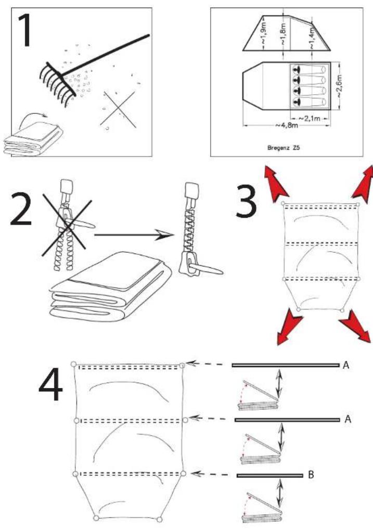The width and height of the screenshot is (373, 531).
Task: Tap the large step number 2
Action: pos(21,209)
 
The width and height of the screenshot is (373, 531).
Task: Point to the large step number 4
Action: pos(51,384)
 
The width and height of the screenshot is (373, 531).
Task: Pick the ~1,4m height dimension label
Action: pos(312,38)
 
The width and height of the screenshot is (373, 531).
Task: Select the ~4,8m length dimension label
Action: pos(286,126)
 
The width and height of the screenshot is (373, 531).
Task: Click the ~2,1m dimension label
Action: pos(309,118)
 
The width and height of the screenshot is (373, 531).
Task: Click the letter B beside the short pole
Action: pos(311,475)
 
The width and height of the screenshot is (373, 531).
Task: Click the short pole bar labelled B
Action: pos(270,475)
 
